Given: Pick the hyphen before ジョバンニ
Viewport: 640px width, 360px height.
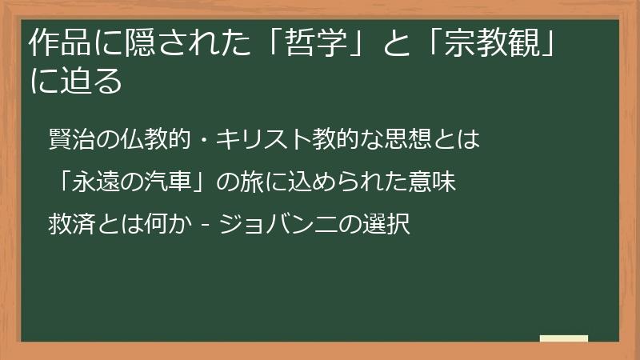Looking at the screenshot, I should (x=206, y=223).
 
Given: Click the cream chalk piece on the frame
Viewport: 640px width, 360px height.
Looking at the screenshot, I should (x=563, y=338).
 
